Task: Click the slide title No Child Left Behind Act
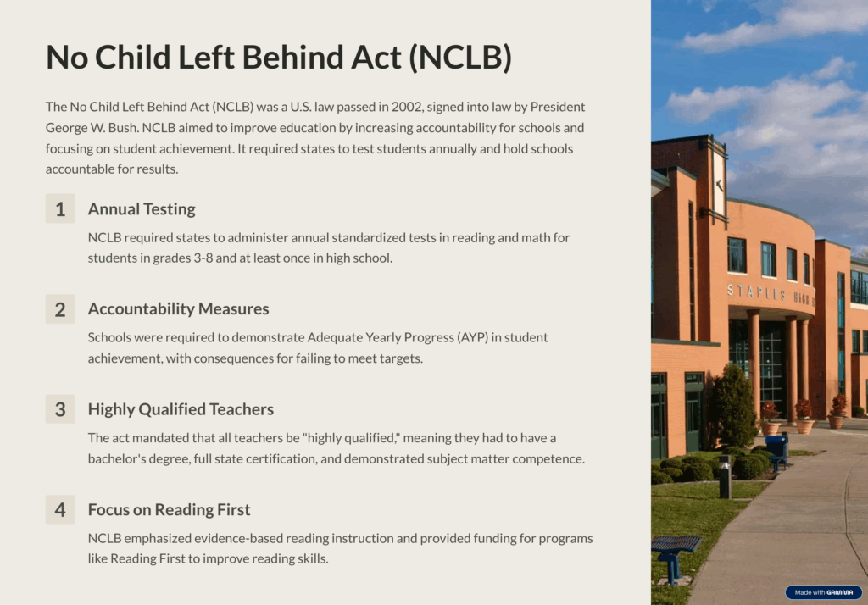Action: point(278,57)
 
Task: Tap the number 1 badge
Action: point(60,208)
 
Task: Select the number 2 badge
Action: point(60,309)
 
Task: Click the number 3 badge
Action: point(60,409)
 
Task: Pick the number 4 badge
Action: point(60,509)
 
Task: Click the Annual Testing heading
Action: point(142,209)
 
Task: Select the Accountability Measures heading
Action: point(178,309)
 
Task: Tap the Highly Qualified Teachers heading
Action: point(181,409)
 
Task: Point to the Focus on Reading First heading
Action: point(169,509)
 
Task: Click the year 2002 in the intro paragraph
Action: point(407,107)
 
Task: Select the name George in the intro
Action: point(62,128)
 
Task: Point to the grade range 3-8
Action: point(203,258)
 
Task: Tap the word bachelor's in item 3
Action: point(115,459)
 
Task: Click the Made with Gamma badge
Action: point(824,592)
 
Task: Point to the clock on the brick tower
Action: point(719,185)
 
